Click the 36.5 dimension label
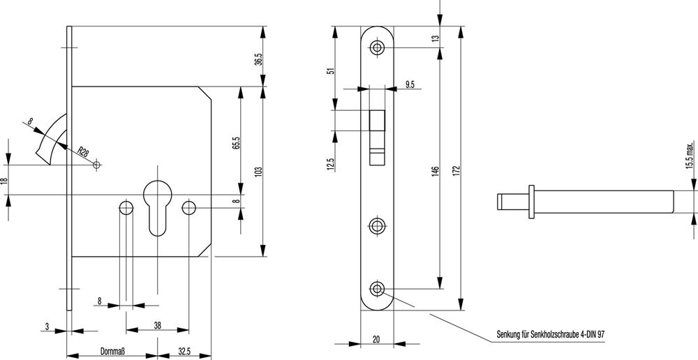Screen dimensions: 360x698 click(258, 60)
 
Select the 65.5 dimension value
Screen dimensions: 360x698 click(236, 142)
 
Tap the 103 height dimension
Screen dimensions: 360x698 click(258, 171)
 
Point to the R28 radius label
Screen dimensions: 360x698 click(83, 152)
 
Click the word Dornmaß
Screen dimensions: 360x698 click(112, 352)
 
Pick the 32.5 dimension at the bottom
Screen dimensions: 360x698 click(184, 352)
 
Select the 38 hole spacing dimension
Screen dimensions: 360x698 click(158, 324)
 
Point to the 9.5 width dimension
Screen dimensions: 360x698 click(410, 84)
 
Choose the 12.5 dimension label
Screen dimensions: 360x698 click(330, 165)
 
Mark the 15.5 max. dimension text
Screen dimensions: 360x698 click(690, 156)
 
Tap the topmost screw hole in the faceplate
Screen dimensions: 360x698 click(378, 48)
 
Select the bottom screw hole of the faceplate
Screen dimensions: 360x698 click(378, 289)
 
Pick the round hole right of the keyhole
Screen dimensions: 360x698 click(188, 208)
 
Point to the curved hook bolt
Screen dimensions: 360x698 click(52, 140)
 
